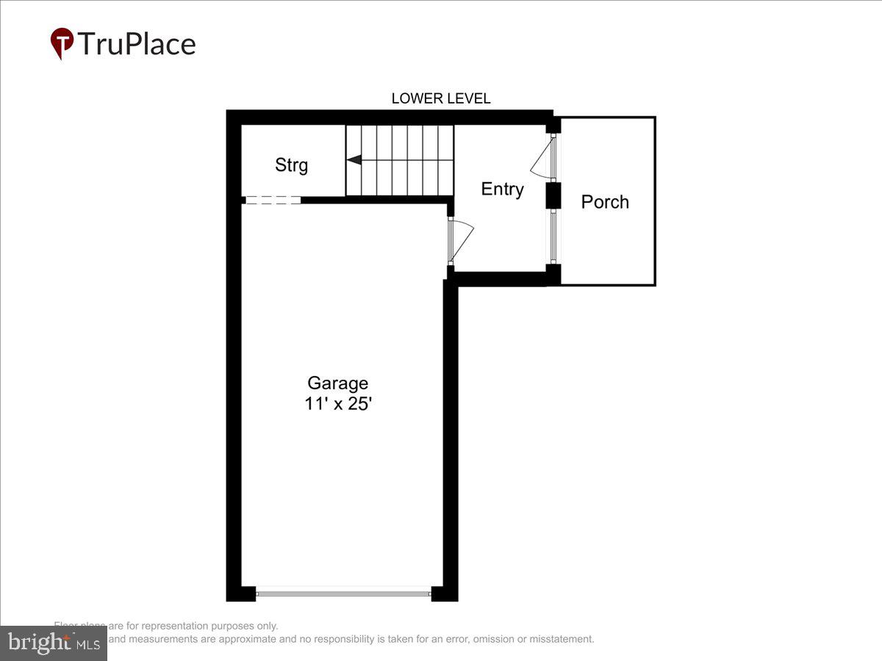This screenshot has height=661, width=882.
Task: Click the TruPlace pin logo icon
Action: coord(62,43)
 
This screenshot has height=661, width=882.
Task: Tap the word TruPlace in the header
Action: coord(137,44)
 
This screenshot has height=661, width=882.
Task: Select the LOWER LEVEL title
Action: coord(441,98)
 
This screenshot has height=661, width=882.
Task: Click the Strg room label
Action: coord(291,165)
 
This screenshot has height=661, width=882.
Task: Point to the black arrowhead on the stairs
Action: coord(354,159)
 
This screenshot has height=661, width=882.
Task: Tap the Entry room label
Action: coord(502,189)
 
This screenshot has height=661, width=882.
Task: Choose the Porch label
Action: coord(605,202)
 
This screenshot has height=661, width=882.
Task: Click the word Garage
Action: coord(337,383)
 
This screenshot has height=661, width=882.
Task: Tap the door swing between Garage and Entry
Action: coord(462,239)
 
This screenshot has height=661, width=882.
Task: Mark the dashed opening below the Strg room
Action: coord(272,200)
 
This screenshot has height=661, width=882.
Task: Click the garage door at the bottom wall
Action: coord(343,591)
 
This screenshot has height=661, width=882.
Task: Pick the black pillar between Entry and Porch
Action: coord(553,195)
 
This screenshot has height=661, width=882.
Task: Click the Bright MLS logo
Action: coord(53,643)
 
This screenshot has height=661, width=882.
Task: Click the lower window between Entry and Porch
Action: coord(553,236)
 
